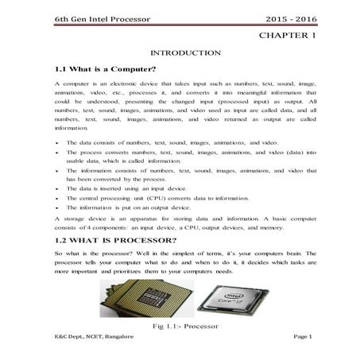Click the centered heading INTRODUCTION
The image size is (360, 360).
(180, 52)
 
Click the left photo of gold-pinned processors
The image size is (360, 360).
(140, 295)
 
